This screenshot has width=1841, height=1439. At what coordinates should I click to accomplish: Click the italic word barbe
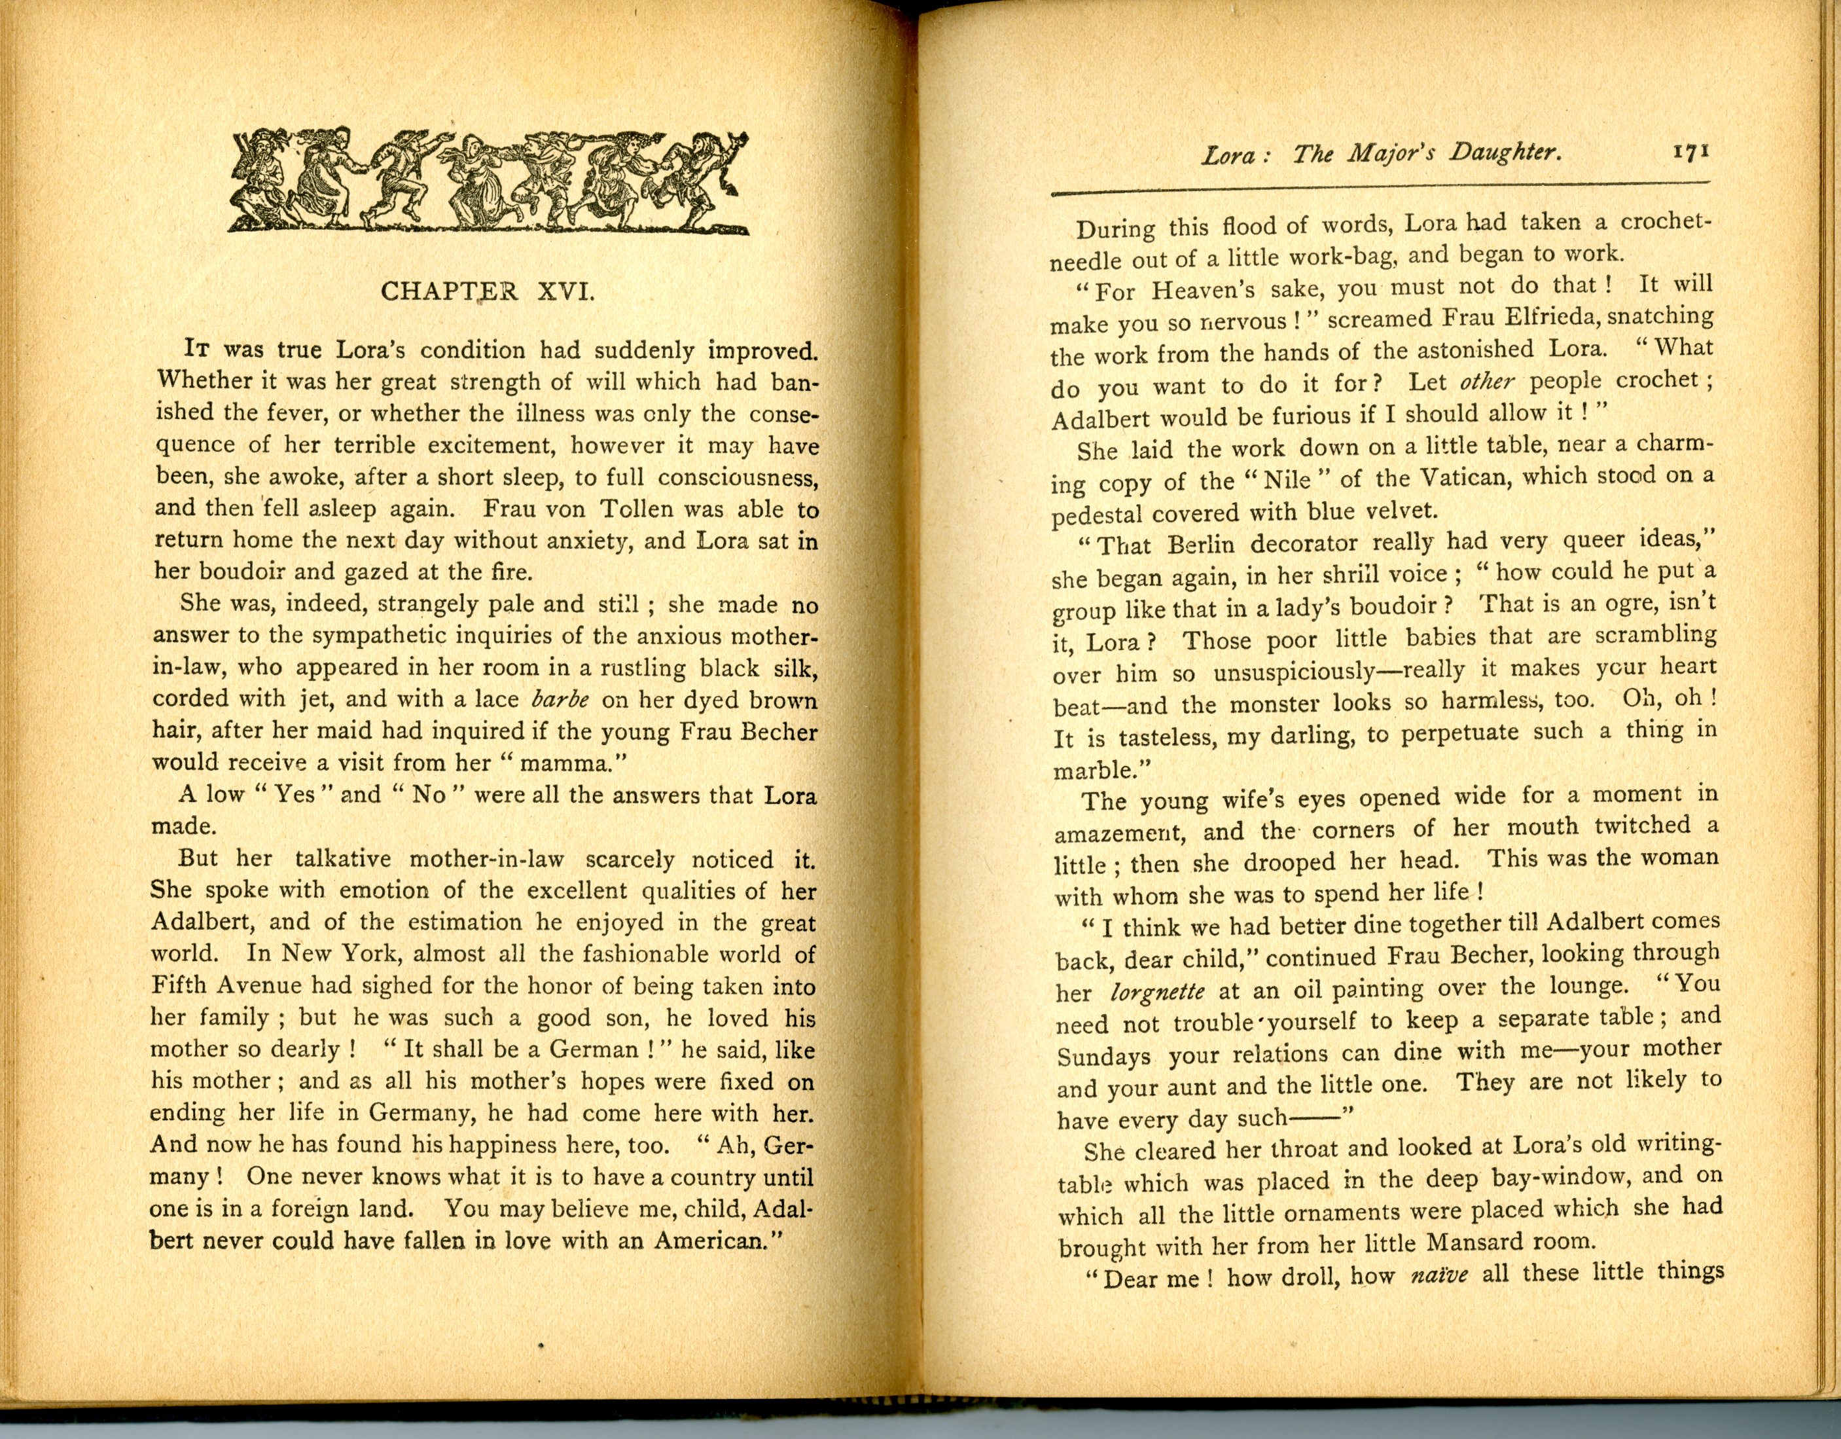tap(561, 701)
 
